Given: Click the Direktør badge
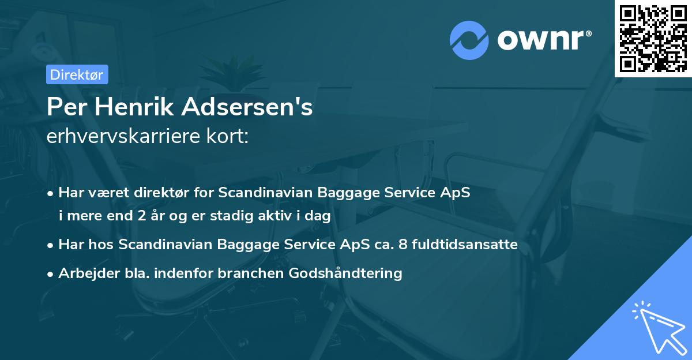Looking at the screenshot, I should pos(77,74).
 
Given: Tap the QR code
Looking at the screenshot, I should pos(653,38).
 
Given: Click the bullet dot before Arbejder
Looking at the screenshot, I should pos(51,273).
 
